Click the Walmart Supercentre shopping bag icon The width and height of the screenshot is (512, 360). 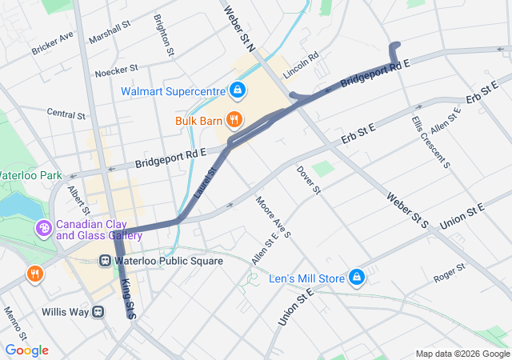pos(237,90)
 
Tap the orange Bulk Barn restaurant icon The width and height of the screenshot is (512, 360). pos(234,121)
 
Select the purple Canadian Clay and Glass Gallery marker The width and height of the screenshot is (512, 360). pos(43,230)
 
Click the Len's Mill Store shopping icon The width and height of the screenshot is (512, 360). pos(357,278)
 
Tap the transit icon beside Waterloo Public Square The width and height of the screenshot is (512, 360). pos(105,261)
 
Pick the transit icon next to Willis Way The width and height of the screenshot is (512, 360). pos(98,310)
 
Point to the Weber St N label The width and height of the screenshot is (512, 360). pos(238,26)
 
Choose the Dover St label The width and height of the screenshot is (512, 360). pos(308,180)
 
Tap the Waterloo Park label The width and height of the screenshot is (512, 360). pos(30,174)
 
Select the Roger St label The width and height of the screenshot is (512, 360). pos(449,273)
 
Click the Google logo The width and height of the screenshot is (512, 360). pos(26,350)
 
